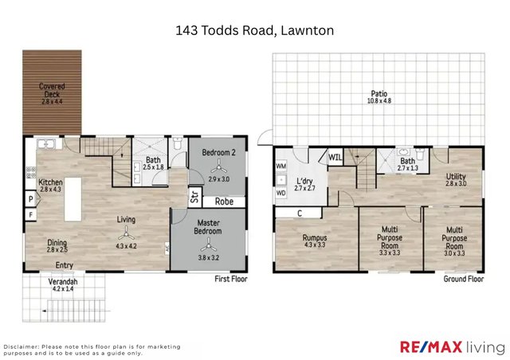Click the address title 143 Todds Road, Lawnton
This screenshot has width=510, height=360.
click(x=254, y=31)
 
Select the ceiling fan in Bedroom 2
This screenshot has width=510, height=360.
click(x=218, y=168)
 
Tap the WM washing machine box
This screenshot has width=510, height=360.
click(x=280, y=166)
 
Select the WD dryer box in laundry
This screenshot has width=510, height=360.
click(x=280, y=192)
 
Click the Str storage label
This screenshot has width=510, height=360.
click(x=194, y=195)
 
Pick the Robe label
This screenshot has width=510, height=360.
click(x=224, y=202)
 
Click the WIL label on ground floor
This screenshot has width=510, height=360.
click(x=335, y=157)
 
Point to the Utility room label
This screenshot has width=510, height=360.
click(x=455, y=180)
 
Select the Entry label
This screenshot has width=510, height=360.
click(x=65, y=266)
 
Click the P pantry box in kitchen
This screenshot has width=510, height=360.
click(x=29, y=199)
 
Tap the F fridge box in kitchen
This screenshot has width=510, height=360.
click(x=29, y=214)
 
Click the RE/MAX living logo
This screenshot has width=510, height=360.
click(x=451, y=347)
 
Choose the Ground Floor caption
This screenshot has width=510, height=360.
click(x=463, y=279)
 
